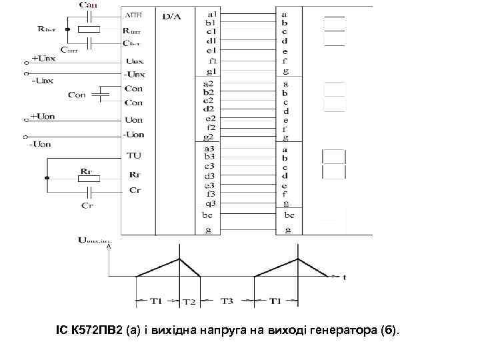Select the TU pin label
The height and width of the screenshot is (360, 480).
coord(133,156)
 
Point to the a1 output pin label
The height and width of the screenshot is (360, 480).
coord(211,13)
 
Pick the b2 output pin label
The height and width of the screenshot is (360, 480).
coord(209,92)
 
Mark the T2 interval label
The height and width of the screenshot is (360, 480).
coord(190,301)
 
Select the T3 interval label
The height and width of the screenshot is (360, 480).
coord(227,301)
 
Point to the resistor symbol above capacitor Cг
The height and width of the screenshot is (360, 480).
coord(87,179)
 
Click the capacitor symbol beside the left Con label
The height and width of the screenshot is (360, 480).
coord(100,95)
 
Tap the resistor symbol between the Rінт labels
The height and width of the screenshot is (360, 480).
coord(89,29)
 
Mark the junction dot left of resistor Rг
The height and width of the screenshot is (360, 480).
coord(47,179)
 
